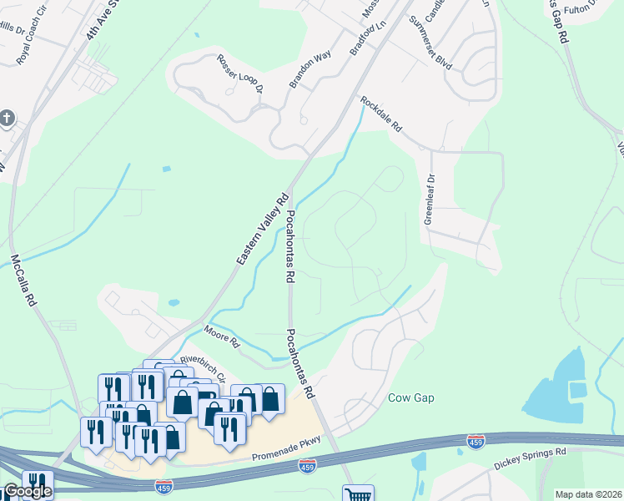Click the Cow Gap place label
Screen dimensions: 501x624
coord(411,398)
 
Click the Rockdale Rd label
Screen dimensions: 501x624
coord(381,115)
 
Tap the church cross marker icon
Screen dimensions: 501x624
coord(8,118)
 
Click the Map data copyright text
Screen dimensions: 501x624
coord(588,494)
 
